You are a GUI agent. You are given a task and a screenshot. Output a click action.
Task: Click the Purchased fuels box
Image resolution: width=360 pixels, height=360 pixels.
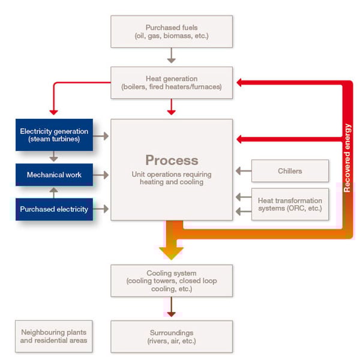tap(172, 32)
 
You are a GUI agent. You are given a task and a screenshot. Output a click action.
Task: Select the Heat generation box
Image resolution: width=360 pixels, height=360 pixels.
tap(172, 83)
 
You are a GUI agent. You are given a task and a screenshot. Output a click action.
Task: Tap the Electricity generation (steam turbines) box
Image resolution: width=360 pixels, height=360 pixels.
tap(54, 135)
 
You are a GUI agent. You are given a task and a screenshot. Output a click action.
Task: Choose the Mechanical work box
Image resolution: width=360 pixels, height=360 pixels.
tap(54, 175)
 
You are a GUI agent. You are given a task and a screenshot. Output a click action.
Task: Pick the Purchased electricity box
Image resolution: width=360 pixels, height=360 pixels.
tap(54, 209)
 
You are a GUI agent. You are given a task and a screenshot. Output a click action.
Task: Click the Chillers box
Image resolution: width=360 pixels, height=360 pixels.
tap(290, 171)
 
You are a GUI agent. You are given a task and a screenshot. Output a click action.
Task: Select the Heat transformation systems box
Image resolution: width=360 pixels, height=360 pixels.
tap(290, 205)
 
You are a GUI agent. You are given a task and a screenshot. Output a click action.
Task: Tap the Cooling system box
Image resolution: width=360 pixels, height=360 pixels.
tap(172, 281)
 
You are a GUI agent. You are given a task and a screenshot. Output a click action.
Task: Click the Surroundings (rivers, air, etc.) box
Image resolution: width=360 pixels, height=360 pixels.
tap(172, 337)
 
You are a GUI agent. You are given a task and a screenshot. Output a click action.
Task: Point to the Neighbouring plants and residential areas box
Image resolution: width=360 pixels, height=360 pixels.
tap(54, 337)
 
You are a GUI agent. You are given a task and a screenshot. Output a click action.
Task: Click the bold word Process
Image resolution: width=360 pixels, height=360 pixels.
tap(172, 160)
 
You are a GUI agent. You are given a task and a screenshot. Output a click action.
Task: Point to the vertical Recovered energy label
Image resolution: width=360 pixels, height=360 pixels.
tap(347, 158)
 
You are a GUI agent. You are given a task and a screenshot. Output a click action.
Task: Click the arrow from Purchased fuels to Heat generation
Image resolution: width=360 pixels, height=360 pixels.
tap(171, 55)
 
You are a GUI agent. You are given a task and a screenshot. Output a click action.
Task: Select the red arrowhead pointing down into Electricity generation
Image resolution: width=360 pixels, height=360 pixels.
tap(53, 113)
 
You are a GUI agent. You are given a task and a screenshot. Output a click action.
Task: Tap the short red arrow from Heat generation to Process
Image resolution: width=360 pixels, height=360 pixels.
tap(171, 107)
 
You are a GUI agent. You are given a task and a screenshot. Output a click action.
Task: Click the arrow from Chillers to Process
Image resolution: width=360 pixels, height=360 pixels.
tap(244, 171)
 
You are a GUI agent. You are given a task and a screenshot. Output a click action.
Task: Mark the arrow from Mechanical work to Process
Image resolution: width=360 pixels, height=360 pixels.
tap(101, 175)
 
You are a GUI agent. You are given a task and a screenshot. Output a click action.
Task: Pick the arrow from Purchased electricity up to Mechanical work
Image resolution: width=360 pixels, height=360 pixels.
tap(54, 193)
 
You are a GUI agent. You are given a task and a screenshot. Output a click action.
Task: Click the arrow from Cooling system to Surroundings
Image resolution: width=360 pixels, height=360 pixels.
tap(171, 307)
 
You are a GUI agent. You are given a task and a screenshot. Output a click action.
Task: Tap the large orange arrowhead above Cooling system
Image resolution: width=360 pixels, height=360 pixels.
tap(171, 253)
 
